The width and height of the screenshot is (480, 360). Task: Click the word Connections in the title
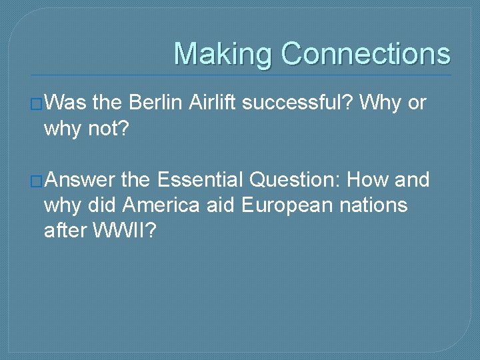[366, 54]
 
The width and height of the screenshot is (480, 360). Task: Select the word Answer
[79, 181]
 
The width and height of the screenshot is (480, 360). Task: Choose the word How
[369, 181]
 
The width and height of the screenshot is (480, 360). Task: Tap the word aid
[220, 205]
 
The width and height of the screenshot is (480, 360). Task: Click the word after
[65, 230]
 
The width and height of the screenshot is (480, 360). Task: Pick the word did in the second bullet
[103, 205]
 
